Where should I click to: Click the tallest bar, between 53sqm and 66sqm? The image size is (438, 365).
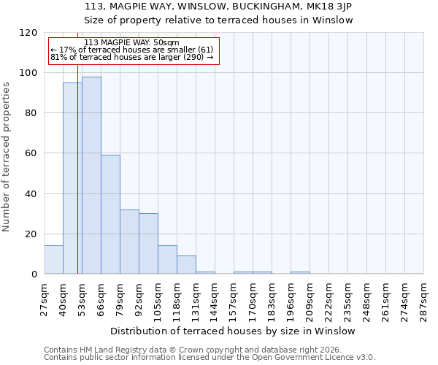click(x=91, y=175)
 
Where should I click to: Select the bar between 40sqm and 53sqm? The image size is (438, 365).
click(x=72, y=178)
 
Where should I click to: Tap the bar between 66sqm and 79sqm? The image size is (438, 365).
click(x=110, y=215)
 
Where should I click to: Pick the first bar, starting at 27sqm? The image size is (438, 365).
click(x=53, y=260)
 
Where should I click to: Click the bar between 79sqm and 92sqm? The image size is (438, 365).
click(x=129, y=242)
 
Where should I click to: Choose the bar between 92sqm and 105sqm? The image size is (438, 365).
click(x=148, y=244)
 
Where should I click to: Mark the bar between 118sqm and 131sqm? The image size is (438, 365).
click(x=186, y=265)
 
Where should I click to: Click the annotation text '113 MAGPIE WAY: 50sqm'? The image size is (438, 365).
click(x=131, y=43)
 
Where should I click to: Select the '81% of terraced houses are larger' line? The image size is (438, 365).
click(x=131, y=57)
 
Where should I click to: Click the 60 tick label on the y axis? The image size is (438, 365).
click(x=31, y=153)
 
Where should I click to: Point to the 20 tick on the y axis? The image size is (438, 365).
click(x=31, y=234)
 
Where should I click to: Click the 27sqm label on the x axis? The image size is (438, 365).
click(x=45, y=296)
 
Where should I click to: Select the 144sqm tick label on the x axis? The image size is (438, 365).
click(x=215, y=298)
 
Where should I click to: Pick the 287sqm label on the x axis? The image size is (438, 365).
click(x=424, y=298)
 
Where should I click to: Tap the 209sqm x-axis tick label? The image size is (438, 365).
click(x=310, y=298)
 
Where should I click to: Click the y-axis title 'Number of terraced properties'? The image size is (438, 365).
click(x=7, y=157)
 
